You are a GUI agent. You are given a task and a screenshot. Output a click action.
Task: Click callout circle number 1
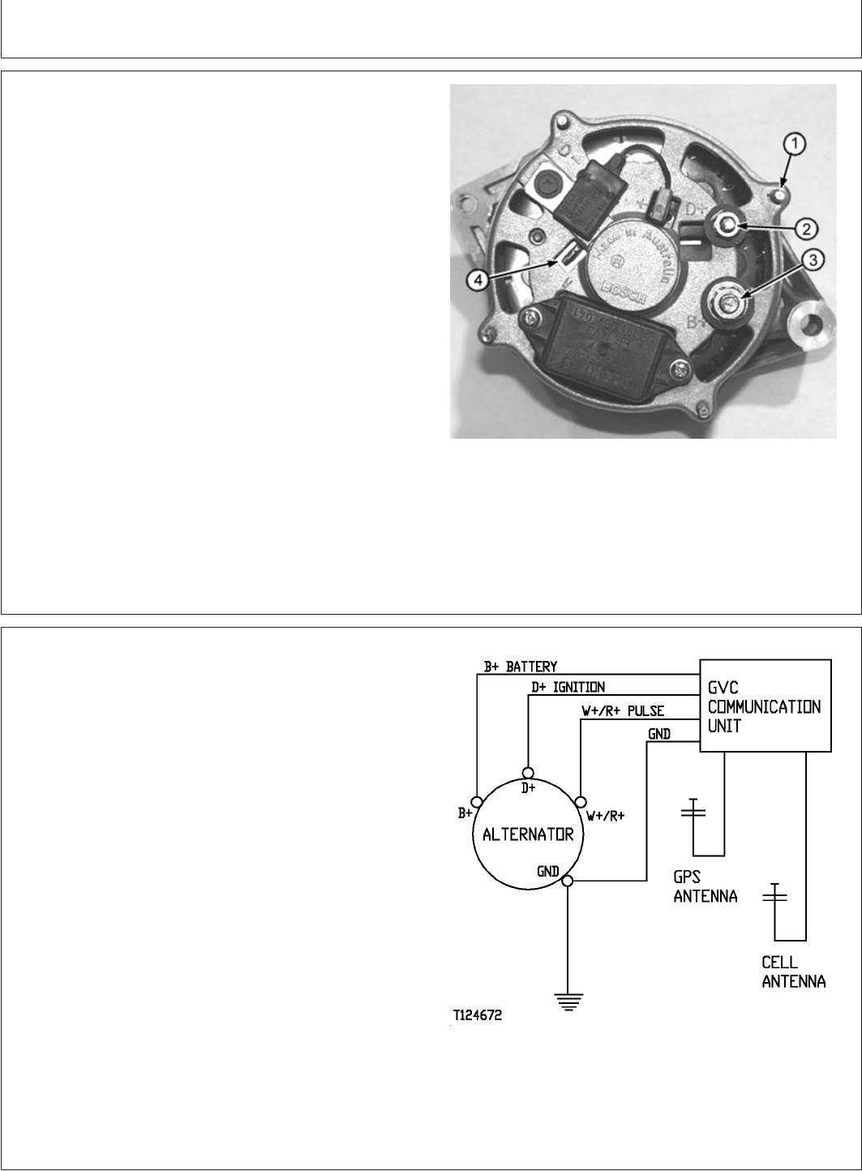(x=795, y=144)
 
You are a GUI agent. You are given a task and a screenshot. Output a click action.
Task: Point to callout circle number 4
(x=478, y=279)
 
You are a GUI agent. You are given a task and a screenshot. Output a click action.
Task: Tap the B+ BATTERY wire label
(x=520, y=667)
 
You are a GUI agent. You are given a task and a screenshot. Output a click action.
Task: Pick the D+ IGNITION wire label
(x=567, y=687)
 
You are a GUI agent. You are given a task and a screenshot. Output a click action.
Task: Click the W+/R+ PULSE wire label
(x=623, y=710)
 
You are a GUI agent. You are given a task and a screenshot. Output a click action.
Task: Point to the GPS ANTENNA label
(x=705, y=887)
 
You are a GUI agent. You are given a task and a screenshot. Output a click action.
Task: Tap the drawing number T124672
(x=478, y=1014)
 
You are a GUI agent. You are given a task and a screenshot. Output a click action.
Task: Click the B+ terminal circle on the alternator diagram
(x=478, y=798)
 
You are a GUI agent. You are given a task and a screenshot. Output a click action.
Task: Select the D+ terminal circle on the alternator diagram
(x=528, y=772)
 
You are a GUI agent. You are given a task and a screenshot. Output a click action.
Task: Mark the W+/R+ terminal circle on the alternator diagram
(x=579, y=799)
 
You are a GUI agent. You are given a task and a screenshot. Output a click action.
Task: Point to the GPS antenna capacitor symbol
(x=693, y=810)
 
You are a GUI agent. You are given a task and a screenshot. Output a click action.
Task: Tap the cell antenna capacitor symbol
(x=776, y=895)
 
